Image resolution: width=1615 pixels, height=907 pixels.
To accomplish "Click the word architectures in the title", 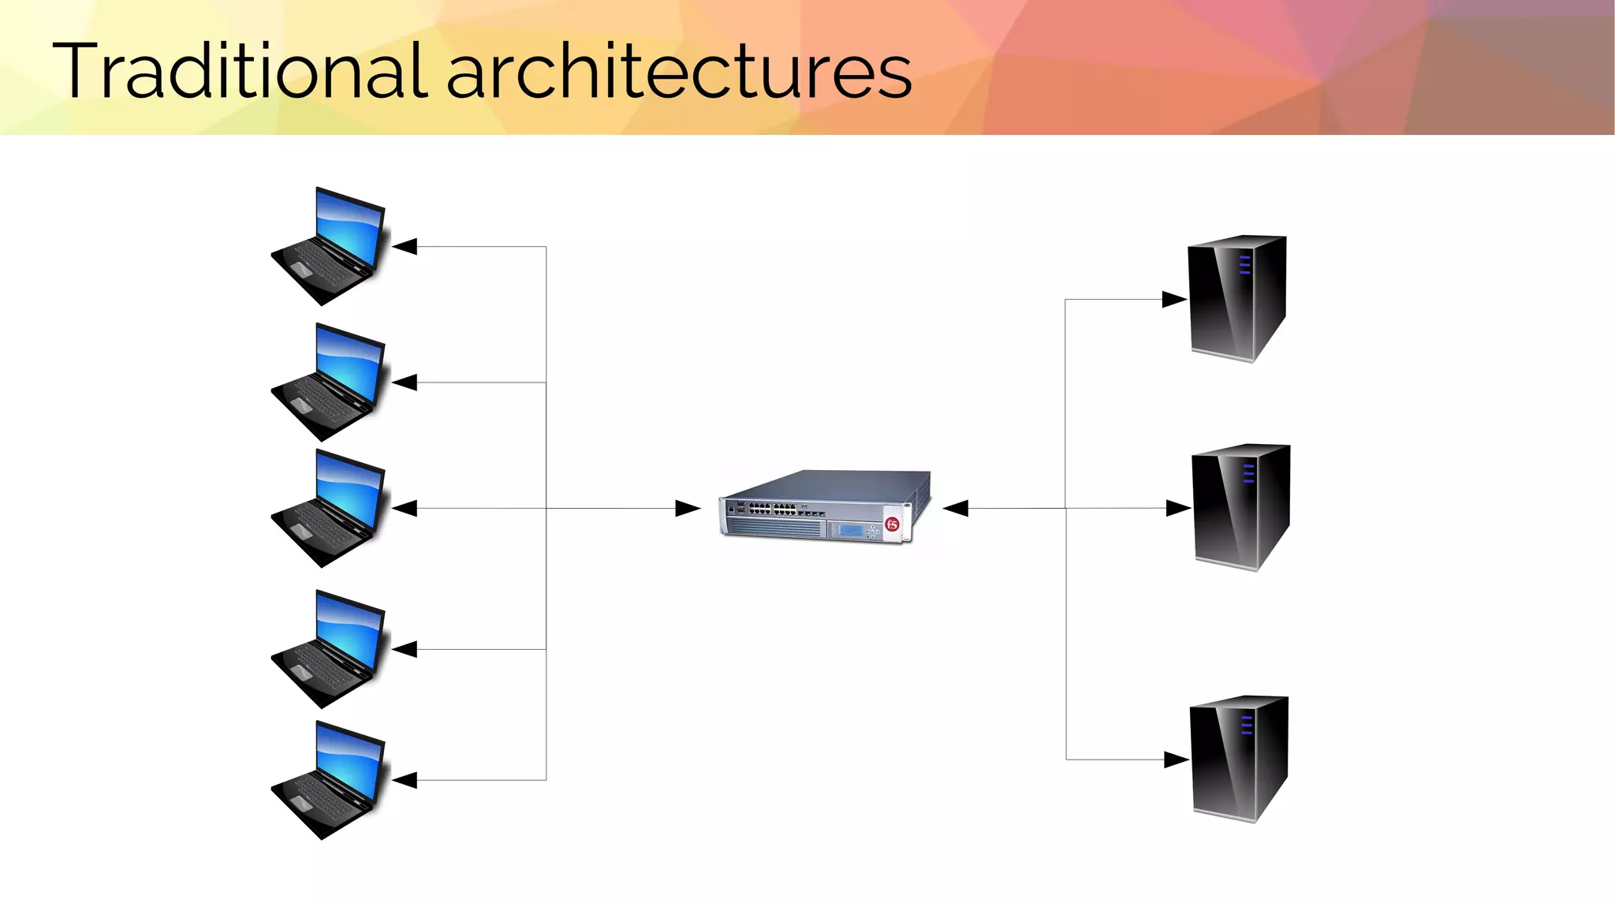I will (679, 73).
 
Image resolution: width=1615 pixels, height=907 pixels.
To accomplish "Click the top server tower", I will (1236, 298).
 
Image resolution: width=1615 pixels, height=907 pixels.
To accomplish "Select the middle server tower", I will (1240, 507).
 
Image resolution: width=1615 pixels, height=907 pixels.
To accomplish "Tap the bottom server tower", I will (1238, 759).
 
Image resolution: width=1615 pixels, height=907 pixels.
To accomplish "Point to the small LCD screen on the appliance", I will (850, 530).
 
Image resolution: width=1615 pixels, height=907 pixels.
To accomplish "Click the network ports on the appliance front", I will (772, 509).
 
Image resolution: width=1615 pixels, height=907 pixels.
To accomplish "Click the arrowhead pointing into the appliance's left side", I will (688, 509).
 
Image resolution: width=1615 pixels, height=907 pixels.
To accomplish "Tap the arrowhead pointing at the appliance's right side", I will (956, 509).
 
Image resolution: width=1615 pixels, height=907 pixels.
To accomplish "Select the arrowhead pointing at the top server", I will (1174, 300).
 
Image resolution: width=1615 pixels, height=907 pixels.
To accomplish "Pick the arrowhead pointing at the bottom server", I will (1176, 760).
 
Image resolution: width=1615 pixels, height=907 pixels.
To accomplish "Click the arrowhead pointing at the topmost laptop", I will (405, 247).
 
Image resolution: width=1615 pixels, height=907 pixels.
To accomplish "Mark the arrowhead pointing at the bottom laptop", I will (405, 780).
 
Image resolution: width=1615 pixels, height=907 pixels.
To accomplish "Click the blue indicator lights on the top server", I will (1244, 264).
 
